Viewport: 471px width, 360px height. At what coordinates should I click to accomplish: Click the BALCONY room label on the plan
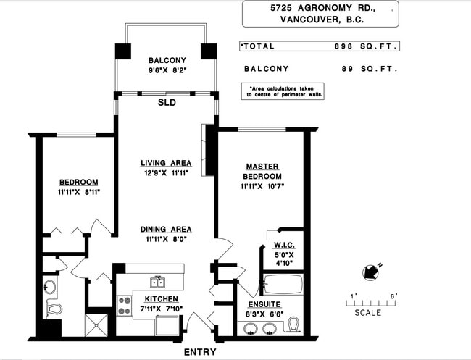[x=167, y=60]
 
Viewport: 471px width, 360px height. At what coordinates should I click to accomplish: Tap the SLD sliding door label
[x=167, y=103]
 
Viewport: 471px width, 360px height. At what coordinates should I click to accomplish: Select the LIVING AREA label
[x=166, y=163]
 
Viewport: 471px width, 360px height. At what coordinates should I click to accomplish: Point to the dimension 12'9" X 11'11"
[x=166, y=173]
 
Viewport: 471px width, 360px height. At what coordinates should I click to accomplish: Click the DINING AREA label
[x=166, y=230]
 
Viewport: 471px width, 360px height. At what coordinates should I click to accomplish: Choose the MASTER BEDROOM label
[x=262, y=171]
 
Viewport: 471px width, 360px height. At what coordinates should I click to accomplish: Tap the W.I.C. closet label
[x=284, y=245]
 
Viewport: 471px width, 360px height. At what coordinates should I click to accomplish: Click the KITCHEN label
[x=162, y=299]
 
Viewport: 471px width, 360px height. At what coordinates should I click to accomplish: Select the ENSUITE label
[x=264, y=304]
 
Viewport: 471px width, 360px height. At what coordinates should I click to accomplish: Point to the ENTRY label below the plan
[x=200, y=352]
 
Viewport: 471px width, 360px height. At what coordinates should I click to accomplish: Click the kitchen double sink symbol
[x=158, y=282]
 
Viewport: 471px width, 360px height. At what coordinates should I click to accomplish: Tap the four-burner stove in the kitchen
[x=125, y=306]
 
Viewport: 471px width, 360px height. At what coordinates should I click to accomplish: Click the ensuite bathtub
[x=283, y=285]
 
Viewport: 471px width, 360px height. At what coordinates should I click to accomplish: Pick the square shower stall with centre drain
[x=96, y=325]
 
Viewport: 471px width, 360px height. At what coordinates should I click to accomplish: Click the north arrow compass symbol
[x=371, y=272]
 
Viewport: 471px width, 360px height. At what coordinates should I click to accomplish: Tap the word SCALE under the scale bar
[x=368, y=313]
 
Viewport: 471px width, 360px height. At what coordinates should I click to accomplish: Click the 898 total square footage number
[x=343, y=46]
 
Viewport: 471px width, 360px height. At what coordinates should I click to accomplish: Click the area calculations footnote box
[x=283, y=91]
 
